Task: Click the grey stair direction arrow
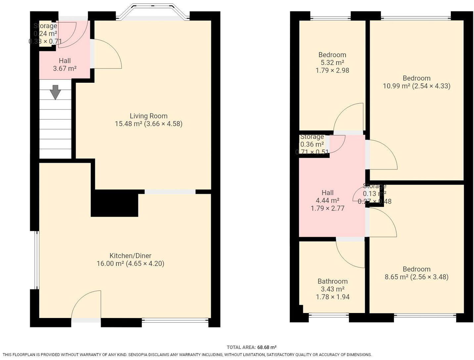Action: click(x=55, y=92)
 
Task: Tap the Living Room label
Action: click(x=148, y=116)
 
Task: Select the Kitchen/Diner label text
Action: click(x=130, y=255)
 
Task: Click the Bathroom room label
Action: click(x=332, y=281)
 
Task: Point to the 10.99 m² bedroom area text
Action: click(x=397, y=86)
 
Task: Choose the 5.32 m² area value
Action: click(x=332, y=63)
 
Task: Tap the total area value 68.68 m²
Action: click(x=267, y=347)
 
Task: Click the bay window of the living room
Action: click(x=153, y=11)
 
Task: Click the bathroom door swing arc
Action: click(x=350, y=253)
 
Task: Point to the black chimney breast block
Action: click(x=115, y=204)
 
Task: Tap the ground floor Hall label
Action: click(x=65, y=61)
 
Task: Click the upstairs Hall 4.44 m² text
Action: click(x=327, y=200)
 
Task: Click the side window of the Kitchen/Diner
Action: click(x=37, y=260)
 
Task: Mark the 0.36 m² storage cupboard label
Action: click(x=312, y=144)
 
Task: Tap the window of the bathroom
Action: click(x=328, y=315)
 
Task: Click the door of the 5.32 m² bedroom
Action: click(x=348, y=117)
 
